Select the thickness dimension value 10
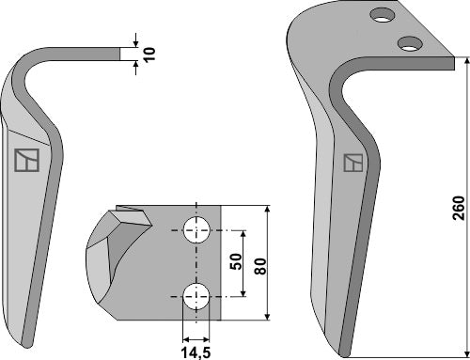(149, 53)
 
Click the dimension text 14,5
(195, 352)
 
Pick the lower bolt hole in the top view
(196, 293)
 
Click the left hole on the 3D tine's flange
(382, 15)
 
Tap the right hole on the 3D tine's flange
(408, 42)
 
